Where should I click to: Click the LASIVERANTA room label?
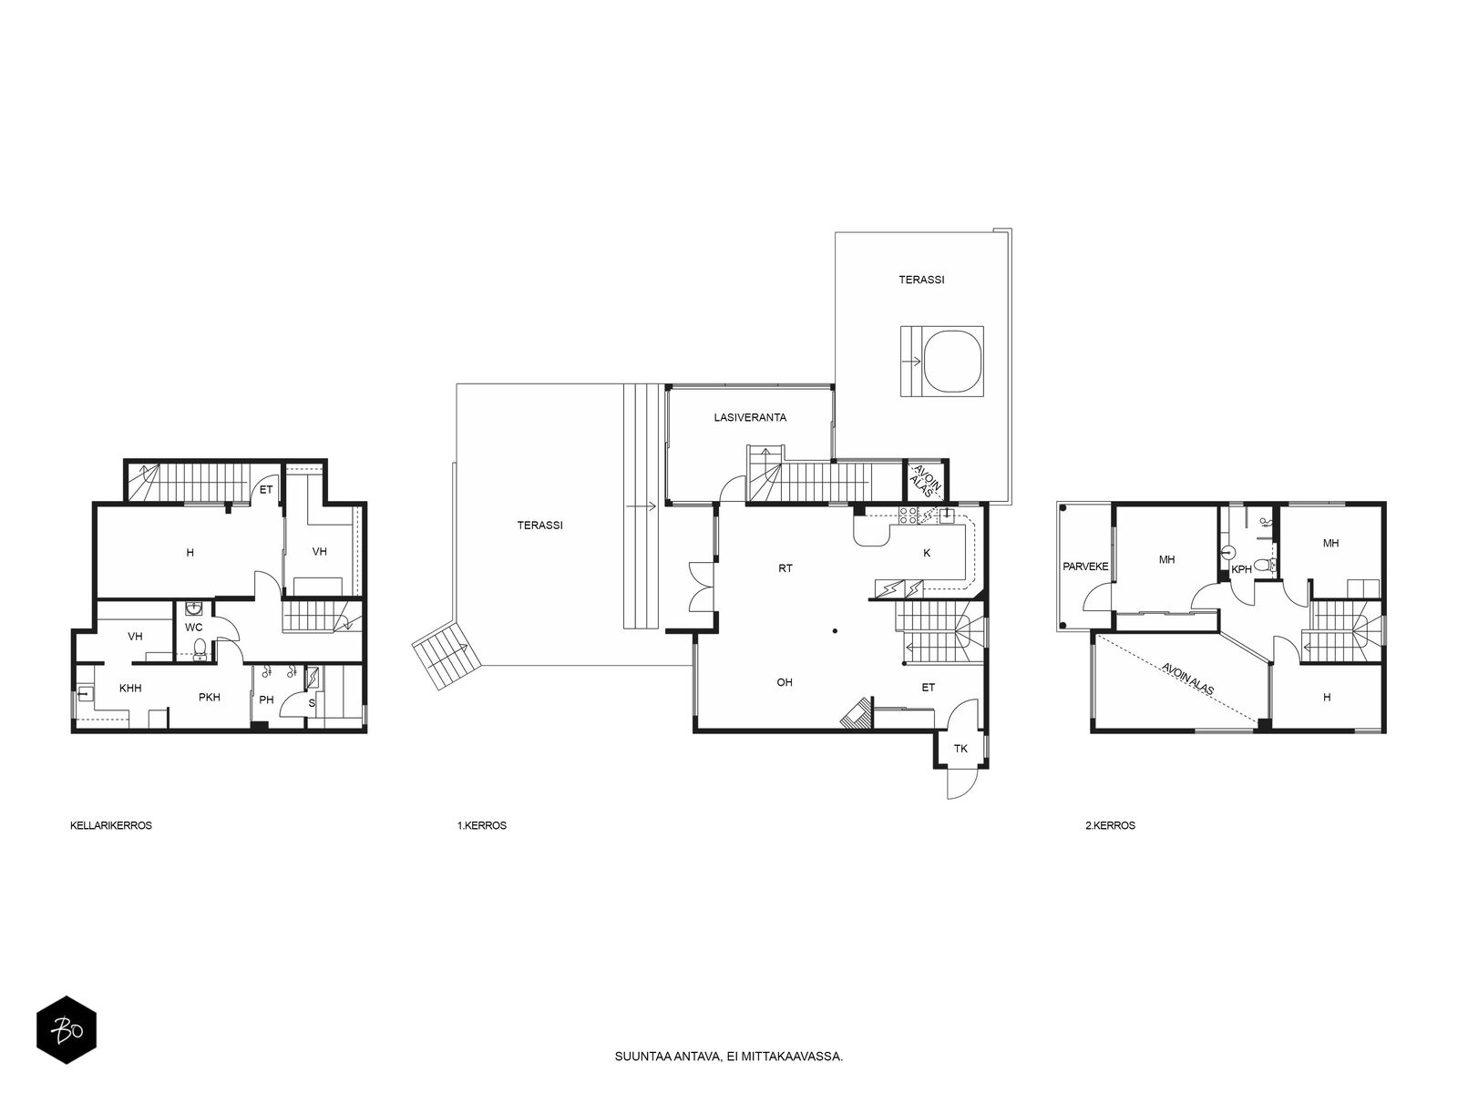tap(750, 417)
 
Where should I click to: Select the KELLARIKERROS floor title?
tap(111, 825)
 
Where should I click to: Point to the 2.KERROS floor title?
tap(1110, 825)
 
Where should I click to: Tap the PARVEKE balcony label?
tap(1085, 567)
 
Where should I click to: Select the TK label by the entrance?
tap(960, 749)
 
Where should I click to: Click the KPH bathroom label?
tap(1241, 569)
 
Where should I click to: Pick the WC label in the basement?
tap(194, 628)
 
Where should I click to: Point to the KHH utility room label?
tap(130, 689)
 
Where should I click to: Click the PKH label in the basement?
tap(210, 698)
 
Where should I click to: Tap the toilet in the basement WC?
tap(199, 647)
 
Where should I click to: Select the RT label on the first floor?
tap(785, 568)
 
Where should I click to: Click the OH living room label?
tap(785, 682)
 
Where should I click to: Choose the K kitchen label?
tap(927, 553)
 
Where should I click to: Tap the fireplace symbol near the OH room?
tap(857, 714)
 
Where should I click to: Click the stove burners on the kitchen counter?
tap(908, 516)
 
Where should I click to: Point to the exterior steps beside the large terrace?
tap(446, 657)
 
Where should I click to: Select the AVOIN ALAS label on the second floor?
tap(1187, 679)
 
